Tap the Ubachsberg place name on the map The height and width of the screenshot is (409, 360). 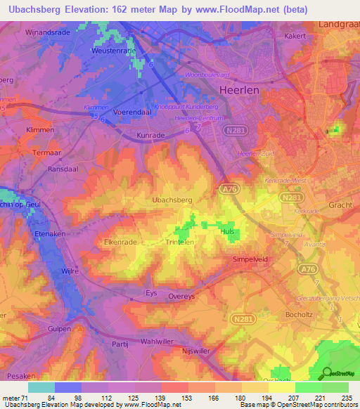(x=172, y=200)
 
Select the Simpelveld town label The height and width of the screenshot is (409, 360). (x=251, y=259)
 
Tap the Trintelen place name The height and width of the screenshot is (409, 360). (x=179, y=241)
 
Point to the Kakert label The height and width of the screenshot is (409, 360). (x=297, y=35)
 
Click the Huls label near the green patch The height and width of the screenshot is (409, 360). (x=227, y=231)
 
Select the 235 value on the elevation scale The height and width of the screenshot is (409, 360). (x=345, y=398)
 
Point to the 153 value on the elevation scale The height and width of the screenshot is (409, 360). (x=174, y=398)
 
